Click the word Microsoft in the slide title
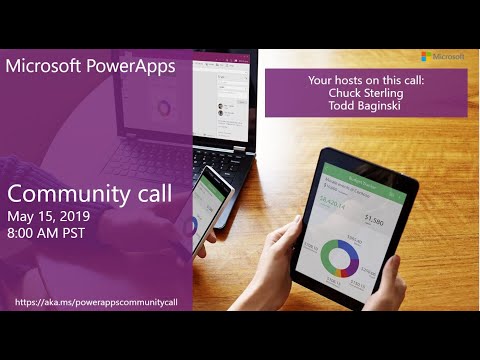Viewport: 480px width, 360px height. click(x=46, y=67)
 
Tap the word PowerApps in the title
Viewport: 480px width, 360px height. click(x=130, y=67)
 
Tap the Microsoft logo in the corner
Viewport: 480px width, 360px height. click(x=439, y=57)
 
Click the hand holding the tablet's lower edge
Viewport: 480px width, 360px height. click(x=385, y=290)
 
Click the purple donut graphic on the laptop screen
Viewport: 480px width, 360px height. click(x=163, y=107)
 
